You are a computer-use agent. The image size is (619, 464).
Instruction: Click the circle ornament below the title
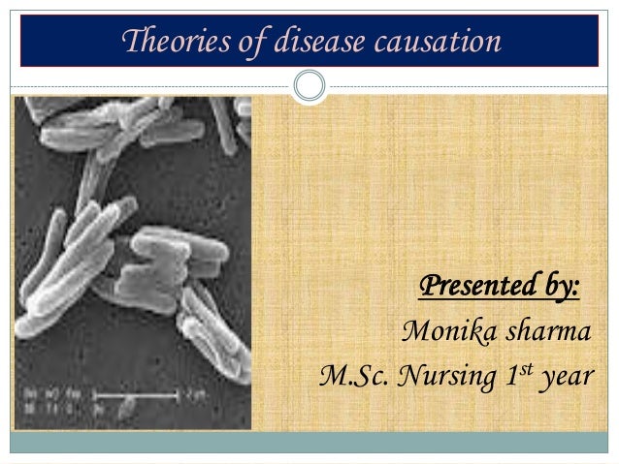[309, 85]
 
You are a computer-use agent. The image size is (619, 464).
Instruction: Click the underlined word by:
[554, 288]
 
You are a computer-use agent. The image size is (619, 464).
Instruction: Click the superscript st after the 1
[529, 367]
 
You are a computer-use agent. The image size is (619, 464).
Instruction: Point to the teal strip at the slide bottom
[309, 443]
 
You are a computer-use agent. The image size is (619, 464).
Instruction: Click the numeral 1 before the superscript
[514, 375]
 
